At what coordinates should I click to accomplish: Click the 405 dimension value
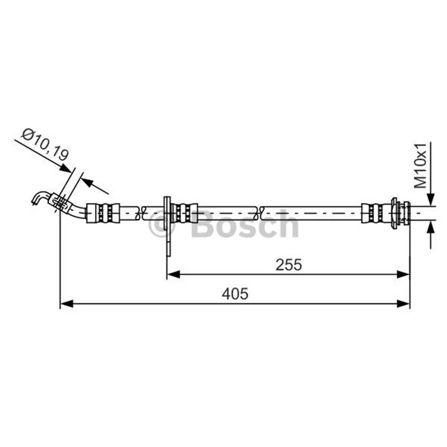(x=235, y=294)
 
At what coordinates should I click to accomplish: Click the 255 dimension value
(x=288, y=265)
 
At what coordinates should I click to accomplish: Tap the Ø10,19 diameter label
(x=45, y=145)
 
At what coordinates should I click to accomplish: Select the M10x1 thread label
(x=420, y=165)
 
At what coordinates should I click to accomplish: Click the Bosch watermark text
(x=246, y=224)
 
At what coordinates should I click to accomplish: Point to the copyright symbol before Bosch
(x=161, y=224)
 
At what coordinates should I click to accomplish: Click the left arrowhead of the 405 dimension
(x=67, y=303)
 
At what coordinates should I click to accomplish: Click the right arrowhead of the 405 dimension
(x=403, y=303)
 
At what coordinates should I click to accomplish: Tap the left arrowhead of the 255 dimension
(x=174, y=274)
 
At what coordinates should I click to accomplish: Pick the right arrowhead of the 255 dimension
(x=403, y=274)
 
